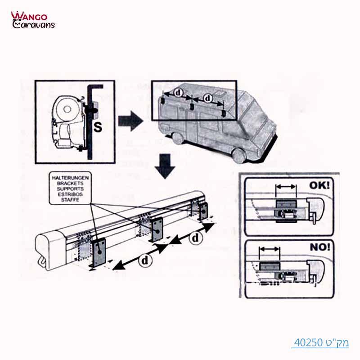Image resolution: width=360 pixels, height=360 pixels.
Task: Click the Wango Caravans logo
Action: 32,20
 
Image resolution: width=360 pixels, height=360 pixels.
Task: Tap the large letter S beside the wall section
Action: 98,126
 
